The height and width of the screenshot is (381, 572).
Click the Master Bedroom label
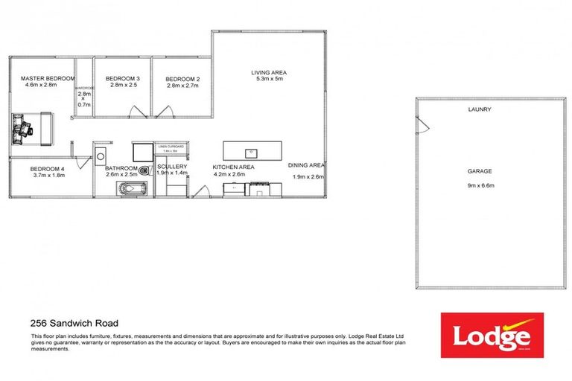(x=48, y=78)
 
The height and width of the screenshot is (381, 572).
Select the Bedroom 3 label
(x=123, y=79)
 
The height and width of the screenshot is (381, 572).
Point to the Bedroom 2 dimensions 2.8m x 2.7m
(x=182, y=86)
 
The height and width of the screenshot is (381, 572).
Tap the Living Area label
(x=270, y=72)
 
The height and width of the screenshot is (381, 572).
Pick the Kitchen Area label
(x=234, y=167)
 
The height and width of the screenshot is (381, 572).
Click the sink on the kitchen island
(x=252, y=153)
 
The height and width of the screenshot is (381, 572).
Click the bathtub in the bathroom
(x=133, y=188)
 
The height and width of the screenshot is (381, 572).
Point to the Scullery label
(x=171, y=167)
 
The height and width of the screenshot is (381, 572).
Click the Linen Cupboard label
(x=173, y=147)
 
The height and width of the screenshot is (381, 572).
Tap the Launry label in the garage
(x=480, y=109)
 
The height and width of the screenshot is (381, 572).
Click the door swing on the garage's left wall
(x=422, y=127)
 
